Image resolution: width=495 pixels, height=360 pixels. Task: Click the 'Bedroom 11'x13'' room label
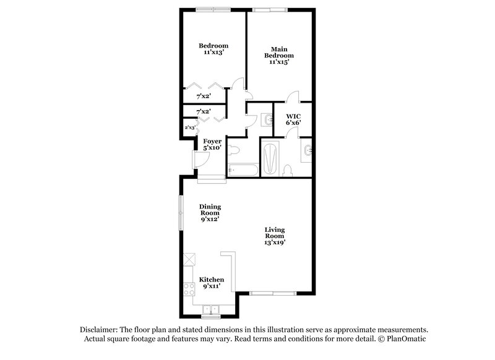213,49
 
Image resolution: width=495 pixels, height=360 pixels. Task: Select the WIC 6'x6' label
293,119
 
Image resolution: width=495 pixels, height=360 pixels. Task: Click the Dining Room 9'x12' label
210,212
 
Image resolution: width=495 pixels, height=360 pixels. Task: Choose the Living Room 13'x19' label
275,236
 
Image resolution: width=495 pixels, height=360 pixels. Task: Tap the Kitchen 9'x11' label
211,283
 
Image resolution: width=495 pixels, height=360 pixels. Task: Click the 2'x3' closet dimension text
191,127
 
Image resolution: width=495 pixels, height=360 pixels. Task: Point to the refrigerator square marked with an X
189,260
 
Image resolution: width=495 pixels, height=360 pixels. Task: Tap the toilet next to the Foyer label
234,149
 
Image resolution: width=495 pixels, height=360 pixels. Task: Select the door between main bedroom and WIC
293,98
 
